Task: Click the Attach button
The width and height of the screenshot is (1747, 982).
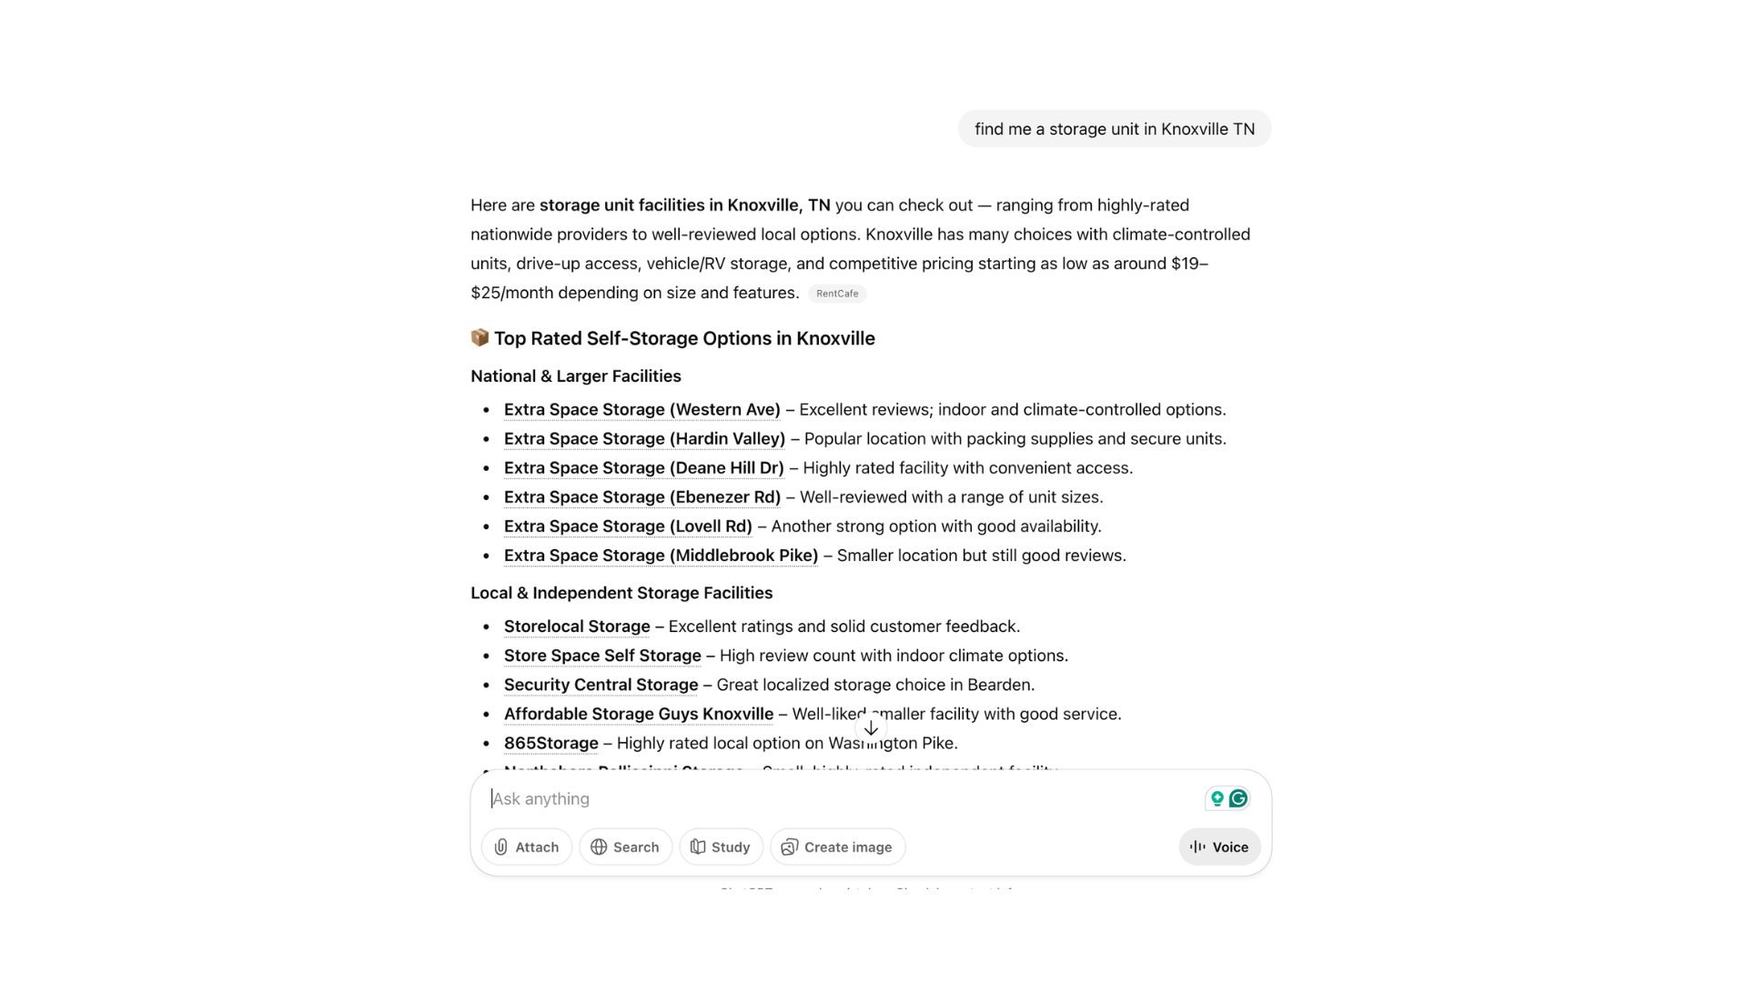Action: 526,847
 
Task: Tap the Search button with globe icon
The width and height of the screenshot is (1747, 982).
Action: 625,847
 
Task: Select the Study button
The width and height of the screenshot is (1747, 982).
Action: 720,847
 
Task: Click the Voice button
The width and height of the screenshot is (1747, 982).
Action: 1219,847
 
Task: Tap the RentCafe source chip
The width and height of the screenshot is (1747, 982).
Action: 837,294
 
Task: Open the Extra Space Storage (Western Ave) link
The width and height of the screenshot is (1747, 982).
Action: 641,410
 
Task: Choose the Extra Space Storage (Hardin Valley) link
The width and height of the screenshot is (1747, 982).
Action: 644,439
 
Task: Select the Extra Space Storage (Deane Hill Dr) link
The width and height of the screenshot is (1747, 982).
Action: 643,468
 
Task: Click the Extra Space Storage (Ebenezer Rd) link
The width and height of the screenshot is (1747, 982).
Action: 641,497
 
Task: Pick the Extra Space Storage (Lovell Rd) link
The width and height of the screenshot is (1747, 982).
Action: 628,526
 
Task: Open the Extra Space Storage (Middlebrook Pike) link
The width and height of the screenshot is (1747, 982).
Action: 661,556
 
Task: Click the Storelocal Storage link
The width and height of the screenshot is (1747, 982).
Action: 577,626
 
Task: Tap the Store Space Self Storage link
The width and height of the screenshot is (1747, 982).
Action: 602,656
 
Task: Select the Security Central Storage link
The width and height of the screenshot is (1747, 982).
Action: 601,685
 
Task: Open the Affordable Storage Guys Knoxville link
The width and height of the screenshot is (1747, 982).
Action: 638,714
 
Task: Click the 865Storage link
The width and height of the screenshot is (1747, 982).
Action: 550,743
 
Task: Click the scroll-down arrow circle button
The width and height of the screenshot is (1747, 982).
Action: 871,728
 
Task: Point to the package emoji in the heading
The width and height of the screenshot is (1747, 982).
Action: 480,338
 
